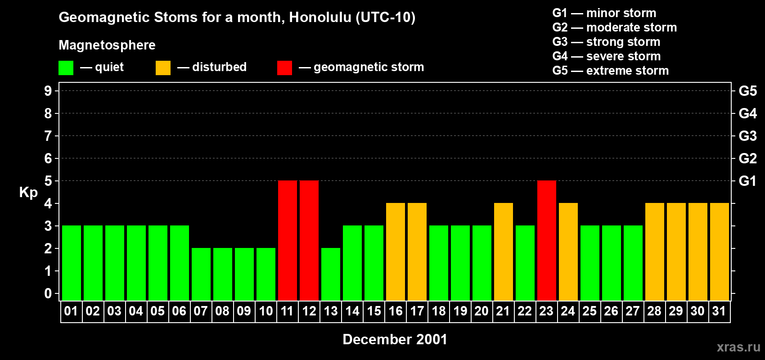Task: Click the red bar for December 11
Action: tap(288, 240)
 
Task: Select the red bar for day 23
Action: tap(547, 240)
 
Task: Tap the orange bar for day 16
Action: tap(396, 252)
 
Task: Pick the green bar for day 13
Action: tap(331, 274)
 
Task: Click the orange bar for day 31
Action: tap(720, 252)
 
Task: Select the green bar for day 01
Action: tap(72, 263)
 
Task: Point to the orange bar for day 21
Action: tap(504, 252)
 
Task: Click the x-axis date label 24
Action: tap(568, 311)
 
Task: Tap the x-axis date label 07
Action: tap(201, 311)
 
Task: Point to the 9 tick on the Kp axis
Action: tap(48, 91)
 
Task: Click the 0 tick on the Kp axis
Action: tap(48, 293)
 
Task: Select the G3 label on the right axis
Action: tap(747, 136)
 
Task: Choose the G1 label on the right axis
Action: tap(747, 181)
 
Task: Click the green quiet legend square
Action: tap(66, 68)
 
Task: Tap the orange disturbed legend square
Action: tap(163, 68)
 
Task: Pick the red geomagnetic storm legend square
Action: tap(284, 68)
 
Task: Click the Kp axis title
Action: tap(28, 193)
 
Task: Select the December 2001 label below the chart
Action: tap(395, 339)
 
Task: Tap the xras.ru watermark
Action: tap(738, 347)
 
